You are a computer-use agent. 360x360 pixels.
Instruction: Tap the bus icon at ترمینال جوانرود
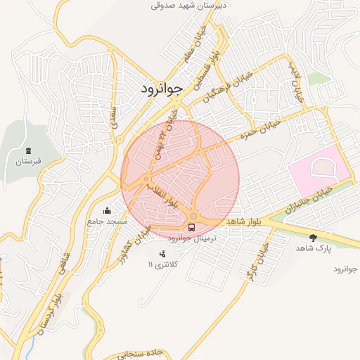(191, 226)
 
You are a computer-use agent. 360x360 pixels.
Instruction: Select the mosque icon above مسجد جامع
(107, 210)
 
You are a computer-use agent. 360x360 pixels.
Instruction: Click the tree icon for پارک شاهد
(313, 238)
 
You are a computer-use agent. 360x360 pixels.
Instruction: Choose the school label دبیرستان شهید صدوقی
(194, 6)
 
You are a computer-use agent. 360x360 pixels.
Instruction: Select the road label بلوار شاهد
(244, 221)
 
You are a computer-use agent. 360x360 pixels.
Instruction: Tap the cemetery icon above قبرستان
(28, 150)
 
